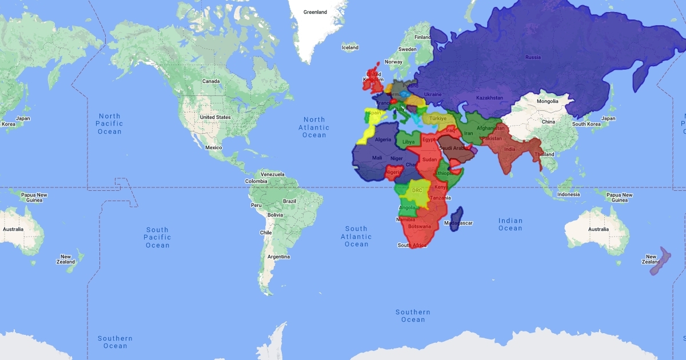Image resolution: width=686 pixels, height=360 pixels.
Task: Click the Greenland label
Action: [315, 12]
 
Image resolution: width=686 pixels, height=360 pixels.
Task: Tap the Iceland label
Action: [350, 47]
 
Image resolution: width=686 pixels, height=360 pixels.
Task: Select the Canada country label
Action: [211, 81]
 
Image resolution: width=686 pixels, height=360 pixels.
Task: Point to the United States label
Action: [215, 117]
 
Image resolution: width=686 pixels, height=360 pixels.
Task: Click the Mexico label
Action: [213, 147]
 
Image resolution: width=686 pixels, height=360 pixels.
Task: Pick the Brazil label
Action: [290, 201]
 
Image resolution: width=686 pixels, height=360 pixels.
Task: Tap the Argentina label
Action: [278, 257]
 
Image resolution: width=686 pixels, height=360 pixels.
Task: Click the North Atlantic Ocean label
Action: [314, 127]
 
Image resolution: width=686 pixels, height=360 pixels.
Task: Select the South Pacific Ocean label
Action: [157, 237]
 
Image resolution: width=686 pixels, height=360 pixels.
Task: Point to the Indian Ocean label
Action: [510, 225]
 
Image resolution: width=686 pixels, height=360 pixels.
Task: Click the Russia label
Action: [533, 57]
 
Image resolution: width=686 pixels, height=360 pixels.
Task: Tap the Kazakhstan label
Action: [489, 98]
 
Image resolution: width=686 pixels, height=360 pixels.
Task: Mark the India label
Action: [510, 150]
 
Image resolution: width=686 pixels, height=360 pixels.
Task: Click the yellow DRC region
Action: [417, 194]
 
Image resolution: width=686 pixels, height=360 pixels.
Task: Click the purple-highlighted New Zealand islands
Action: [659, 261]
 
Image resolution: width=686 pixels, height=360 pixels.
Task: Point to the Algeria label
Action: [383, 139]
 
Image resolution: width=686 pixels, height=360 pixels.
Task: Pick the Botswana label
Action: [420, 226]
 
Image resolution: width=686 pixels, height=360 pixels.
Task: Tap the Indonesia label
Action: [569, 194]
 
